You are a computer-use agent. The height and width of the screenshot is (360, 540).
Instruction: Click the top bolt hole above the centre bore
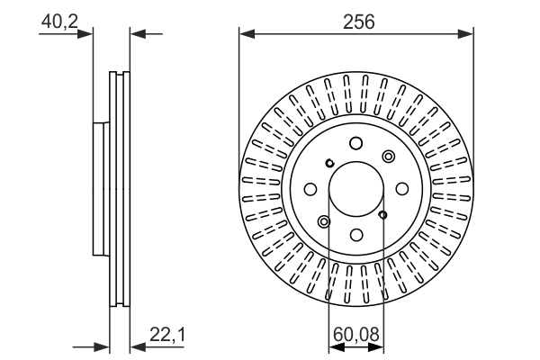click(x=355, y=143)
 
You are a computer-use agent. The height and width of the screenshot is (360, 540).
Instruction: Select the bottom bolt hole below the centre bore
click(x=355, y=235)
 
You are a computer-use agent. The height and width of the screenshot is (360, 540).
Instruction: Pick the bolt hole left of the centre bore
click(x=310, y=189)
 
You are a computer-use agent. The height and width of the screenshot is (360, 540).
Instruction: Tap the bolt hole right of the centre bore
click(x=402, y=189)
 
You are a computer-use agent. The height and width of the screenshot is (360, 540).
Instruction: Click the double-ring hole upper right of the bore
click(x=388, y=157)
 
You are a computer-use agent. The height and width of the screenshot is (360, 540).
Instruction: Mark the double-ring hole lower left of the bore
click(x=324, y=221)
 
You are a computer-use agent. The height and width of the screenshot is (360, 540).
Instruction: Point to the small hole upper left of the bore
click(x=329, y=163)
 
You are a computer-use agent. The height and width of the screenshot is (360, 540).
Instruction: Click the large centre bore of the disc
click(x=356, y=189)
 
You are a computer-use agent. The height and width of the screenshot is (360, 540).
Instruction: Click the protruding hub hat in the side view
click(x=99, y=189)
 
